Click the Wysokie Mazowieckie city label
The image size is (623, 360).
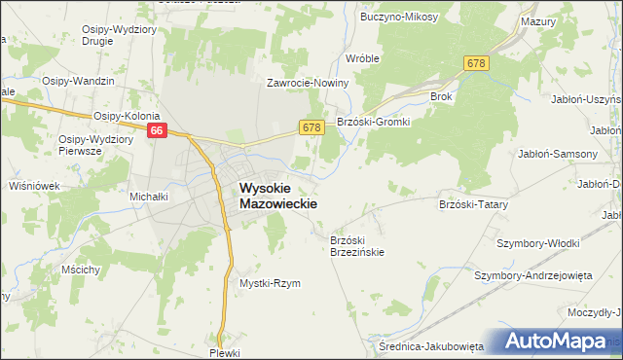(277, 198)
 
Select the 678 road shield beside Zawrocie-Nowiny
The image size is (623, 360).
(311, 127)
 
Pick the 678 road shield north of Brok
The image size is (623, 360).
(475, 63)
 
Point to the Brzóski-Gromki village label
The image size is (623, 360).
(374, 122)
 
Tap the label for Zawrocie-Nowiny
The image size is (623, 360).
(309, 84)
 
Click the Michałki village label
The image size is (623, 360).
(150, 196)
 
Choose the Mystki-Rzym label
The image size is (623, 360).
(270, 283)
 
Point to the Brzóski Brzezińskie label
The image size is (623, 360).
(357, 245)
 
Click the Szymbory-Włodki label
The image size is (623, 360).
(538, 243)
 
